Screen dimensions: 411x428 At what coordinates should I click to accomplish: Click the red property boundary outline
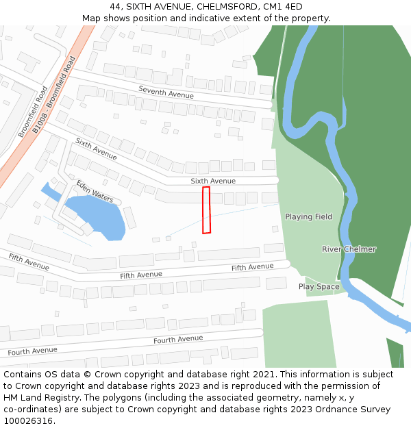click(x=206, y=210)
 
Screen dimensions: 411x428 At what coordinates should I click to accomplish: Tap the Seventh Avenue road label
click(x=166, y=92)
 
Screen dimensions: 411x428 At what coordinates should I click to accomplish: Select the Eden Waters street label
click(x=95, y=192)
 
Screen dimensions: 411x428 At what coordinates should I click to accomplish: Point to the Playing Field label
click(x=308, y=217)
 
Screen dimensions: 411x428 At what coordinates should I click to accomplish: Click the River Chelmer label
click(x=349, y=249)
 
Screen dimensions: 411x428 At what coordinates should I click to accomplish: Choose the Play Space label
click(x=319, y=287)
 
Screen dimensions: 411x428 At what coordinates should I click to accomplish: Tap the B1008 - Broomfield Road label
click(x=53, y=95)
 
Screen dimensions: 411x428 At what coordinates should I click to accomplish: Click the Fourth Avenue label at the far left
click(x=32, y=351)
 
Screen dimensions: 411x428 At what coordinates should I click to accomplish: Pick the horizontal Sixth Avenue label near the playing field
click(x=212, y=181)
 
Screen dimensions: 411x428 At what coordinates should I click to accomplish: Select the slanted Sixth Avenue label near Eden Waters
click(x=96, y=149)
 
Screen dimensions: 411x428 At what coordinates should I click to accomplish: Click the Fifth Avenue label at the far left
click(x=29, y=261)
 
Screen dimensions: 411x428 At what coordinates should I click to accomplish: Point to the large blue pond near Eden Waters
click(x=96, y=214)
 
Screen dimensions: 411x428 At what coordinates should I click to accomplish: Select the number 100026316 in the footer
click(x=28, y=421)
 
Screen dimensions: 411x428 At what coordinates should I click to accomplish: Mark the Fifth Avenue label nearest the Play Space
click(x=252, y=267)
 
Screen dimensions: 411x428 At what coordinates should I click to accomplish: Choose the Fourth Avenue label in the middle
click(x=178, y=340)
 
